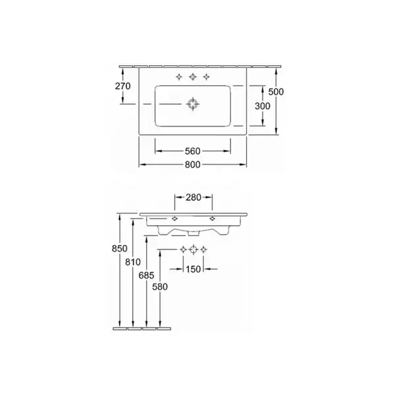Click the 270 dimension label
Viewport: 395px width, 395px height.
tap(122, 86)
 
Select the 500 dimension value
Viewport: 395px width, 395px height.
tap(276, 92)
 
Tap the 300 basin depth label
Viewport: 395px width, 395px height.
tap(263, 106)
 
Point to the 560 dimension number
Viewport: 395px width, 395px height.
tap(193, 151)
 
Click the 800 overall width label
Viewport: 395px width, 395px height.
tap(193, 165)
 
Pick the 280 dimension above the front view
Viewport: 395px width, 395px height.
tap(194, 197)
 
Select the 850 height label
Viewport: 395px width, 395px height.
tap(120, 249)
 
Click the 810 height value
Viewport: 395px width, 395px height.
tap(133, 262)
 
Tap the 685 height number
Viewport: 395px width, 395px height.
tap(146, 275)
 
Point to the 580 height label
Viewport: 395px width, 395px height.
tap(160, 286)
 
